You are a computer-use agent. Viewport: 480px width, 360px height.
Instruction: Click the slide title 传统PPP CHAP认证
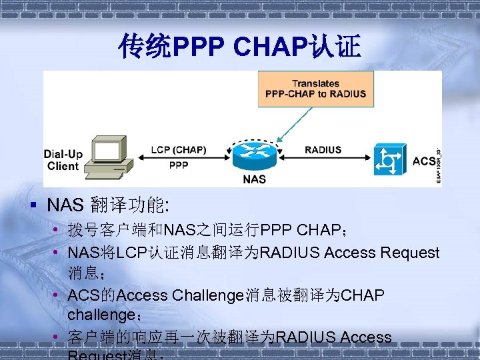pos(240,47)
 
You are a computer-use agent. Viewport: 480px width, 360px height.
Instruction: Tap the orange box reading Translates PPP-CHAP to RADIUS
pos(315,89)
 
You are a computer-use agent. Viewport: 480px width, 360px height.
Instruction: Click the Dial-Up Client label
pos(64,160)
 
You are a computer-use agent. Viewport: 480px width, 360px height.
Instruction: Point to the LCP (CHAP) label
pos(178,150)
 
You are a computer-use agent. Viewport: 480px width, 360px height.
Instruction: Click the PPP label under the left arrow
pos(179,166)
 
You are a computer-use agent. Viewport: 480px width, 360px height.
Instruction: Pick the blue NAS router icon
pos(254,157)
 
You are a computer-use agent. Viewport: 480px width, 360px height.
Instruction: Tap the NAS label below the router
pos(254,179)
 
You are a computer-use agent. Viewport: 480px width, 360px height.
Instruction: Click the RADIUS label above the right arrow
pos(323,150)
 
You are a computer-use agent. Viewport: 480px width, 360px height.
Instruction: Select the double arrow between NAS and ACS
pos(323,158)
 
